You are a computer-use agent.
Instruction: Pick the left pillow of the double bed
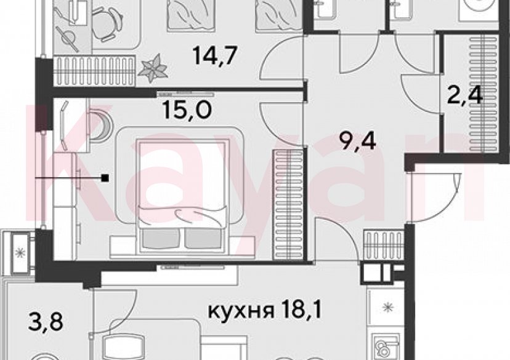click(x=158, y=239)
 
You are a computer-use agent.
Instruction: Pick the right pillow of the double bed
click(x=203, y=239)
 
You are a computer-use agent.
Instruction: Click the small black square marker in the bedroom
click(x=107, y=178)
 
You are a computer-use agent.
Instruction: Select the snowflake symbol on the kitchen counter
click(x=387, y=306)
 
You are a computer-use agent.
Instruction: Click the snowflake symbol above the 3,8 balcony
click(x=20, y=251)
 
